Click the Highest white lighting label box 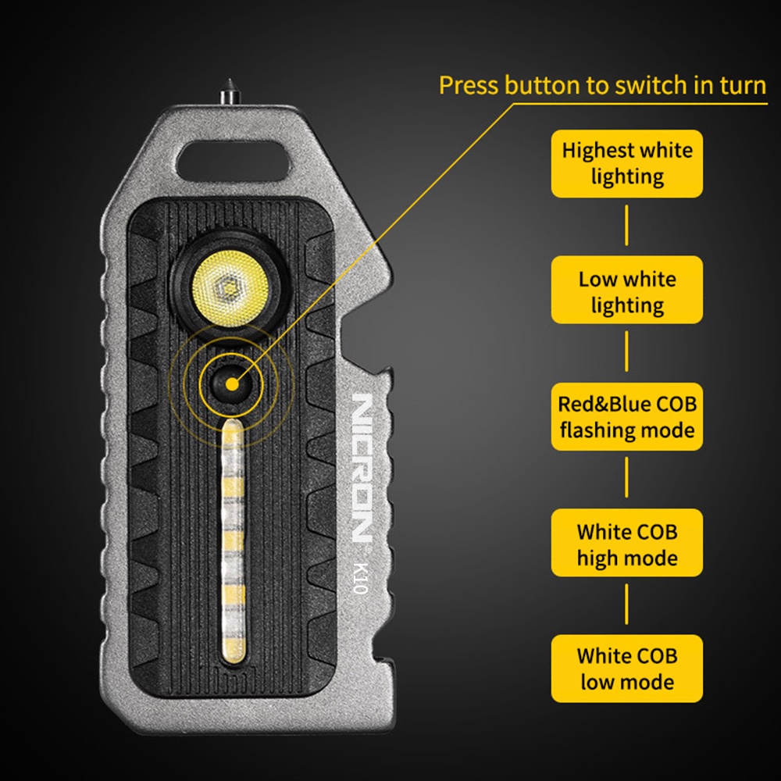[626, 163]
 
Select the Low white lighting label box [626, 290]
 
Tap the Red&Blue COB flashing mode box [626, 416]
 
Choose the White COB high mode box [626, 543]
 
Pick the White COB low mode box [626, 669]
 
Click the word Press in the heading [469, 85]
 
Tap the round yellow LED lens [230, 288]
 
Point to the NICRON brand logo [362, 467]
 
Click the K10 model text [360, 578]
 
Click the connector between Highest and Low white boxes [626, 226]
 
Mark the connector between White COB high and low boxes [626, 604]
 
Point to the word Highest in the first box [590, 151]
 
